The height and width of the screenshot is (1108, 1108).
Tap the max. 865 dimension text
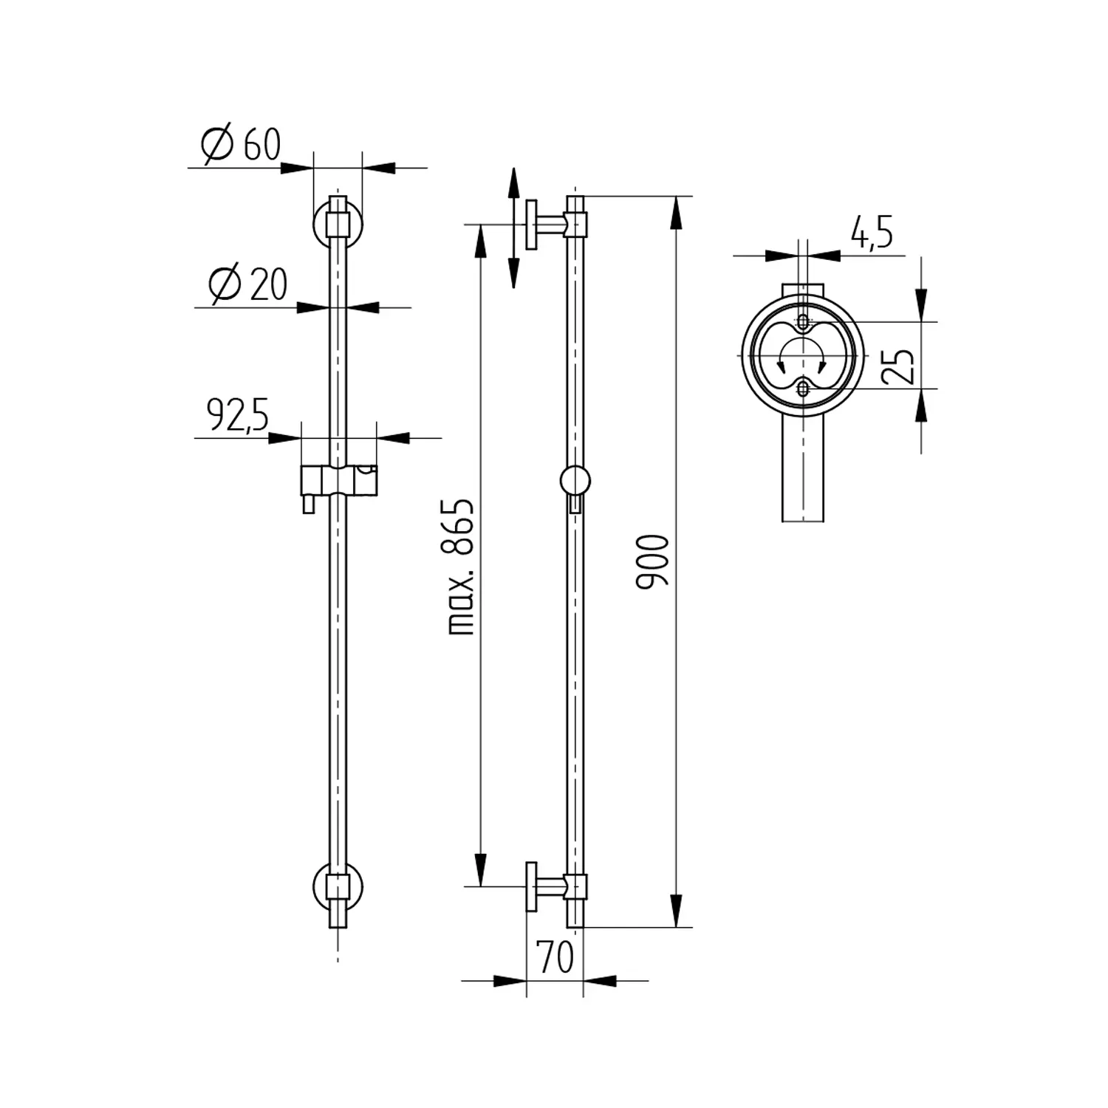click(x=461, y=567)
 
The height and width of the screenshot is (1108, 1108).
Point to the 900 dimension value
click(x=652, y=561)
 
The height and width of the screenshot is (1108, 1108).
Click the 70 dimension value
click(x=555, y=957)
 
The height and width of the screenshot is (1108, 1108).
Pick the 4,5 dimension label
click(x=872, y=232)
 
